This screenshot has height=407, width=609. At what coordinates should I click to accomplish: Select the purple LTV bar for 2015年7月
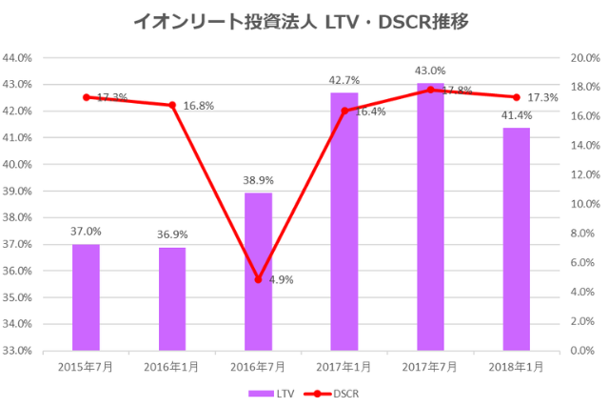coord(86,296)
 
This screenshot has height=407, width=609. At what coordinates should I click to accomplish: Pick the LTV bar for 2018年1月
coord(516,238)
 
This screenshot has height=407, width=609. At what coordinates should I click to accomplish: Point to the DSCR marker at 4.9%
coord(258,279)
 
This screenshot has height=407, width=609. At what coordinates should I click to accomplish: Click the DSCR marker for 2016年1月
coord(172,105)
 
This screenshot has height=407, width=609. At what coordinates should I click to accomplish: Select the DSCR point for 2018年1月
coord(516,97)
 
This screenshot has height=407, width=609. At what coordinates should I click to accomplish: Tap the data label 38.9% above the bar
coord(258,179)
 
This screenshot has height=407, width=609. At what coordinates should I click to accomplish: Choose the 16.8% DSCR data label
coord(198,106)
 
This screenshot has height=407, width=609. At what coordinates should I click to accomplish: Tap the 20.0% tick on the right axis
coord(582,58)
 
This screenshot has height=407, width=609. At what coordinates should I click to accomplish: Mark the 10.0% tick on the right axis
coord(582,204)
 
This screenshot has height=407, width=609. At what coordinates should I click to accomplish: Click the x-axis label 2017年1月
coord(344,367)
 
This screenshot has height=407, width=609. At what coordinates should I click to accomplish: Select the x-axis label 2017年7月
coord(430,367)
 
